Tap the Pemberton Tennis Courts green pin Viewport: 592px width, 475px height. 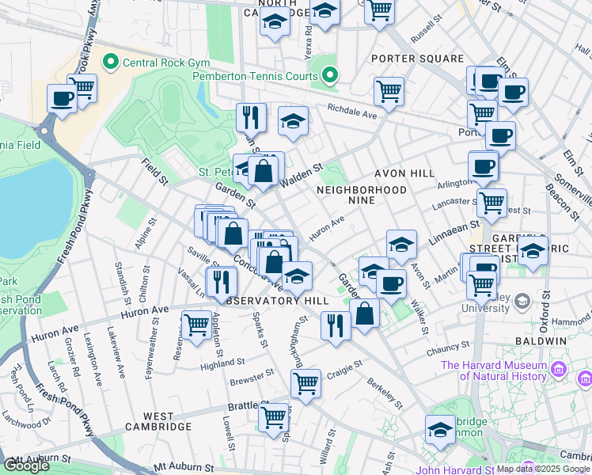pyautogui.click(x=331, y=77)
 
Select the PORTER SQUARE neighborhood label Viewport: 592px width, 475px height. pyautogui.click(x=417, y=59)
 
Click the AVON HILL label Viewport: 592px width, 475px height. pyautogui.click(x=407, y=173)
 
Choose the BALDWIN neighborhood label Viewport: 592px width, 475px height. pyautogui.click(x=543, y=340)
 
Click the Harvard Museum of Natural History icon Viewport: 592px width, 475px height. pyautogui.click(x=559, y=369)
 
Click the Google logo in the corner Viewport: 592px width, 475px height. pyautogui.click(x=26, y=465)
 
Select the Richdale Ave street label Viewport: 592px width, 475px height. pyautogui.click(x=352, y=112)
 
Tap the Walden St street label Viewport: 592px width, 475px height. pyautogui.click(x=302, y=169)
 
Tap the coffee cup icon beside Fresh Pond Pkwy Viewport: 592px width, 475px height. pyautogui.click(x=62, y=98)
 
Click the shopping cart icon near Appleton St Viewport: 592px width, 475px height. pyautogui.click(x=197, y=323)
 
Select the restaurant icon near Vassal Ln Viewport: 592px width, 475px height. pyautogui.click(x=222, y=280)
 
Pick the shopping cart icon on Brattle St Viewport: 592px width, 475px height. pyautogui.click(x=273, y=416)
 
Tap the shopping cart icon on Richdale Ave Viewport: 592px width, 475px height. pyautogui.click(x=389, y=90)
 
